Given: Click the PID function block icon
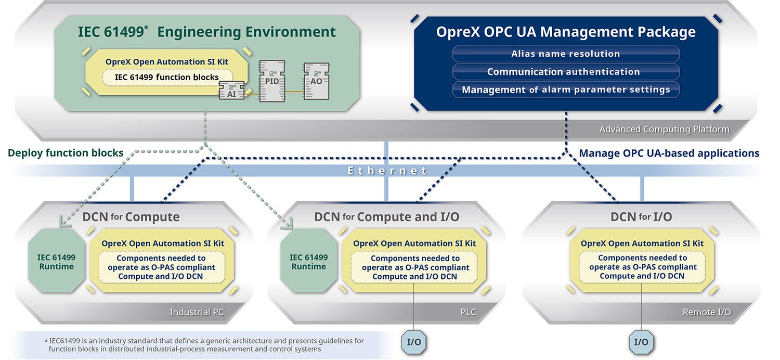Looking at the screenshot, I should coord(272,81).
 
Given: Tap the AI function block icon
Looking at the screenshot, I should coord(231,93).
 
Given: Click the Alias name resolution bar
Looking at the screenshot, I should coord(566,54).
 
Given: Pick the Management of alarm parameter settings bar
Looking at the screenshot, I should coord(566,89).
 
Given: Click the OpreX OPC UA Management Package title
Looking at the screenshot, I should coord(566,32).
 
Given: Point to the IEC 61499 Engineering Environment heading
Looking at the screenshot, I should coord(206,32).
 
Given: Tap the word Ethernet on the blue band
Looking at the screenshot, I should coord(387,171).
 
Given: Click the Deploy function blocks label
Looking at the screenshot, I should coord(66,153).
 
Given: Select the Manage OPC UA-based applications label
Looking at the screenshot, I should coord(669,153).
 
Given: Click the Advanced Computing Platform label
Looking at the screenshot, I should coord(664,129).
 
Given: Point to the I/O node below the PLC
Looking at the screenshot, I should coord(414,342).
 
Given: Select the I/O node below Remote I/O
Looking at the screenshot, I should coord(641,342).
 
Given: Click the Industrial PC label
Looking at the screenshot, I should coord(197,312).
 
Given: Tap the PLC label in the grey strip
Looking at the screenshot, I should coord(467,312).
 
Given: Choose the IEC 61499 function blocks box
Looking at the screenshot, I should coord(166,77).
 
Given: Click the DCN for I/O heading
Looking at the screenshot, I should coord(641,216).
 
